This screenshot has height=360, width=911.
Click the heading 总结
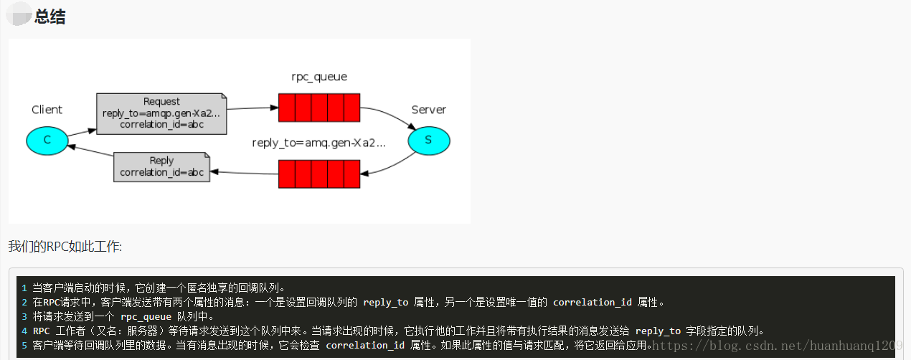click(49, 17)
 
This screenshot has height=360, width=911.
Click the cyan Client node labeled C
click(47, 140)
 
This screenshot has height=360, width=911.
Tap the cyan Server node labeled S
click(428, 140)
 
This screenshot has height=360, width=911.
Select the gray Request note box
click(162, 113)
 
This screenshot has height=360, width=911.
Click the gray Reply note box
click(162, 166)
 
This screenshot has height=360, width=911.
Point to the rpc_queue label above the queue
click(319, 76)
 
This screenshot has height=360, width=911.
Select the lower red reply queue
click(319, 174)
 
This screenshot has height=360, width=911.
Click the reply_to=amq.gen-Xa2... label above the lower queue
click(318, 143)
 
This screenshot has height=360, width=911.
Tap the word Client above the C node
click(47, 110)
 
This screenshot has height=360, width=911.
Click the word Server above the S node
click(428, 110)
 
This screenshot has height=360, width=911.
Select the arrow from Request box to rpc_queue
click(252, 108)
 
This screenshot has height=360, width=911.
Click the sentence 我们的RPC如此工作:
click(65, 247)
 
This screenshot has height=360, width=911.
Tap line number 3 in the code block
click(24, 316)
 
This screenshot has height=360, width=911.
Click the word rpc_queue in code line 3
click(146, 316)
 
